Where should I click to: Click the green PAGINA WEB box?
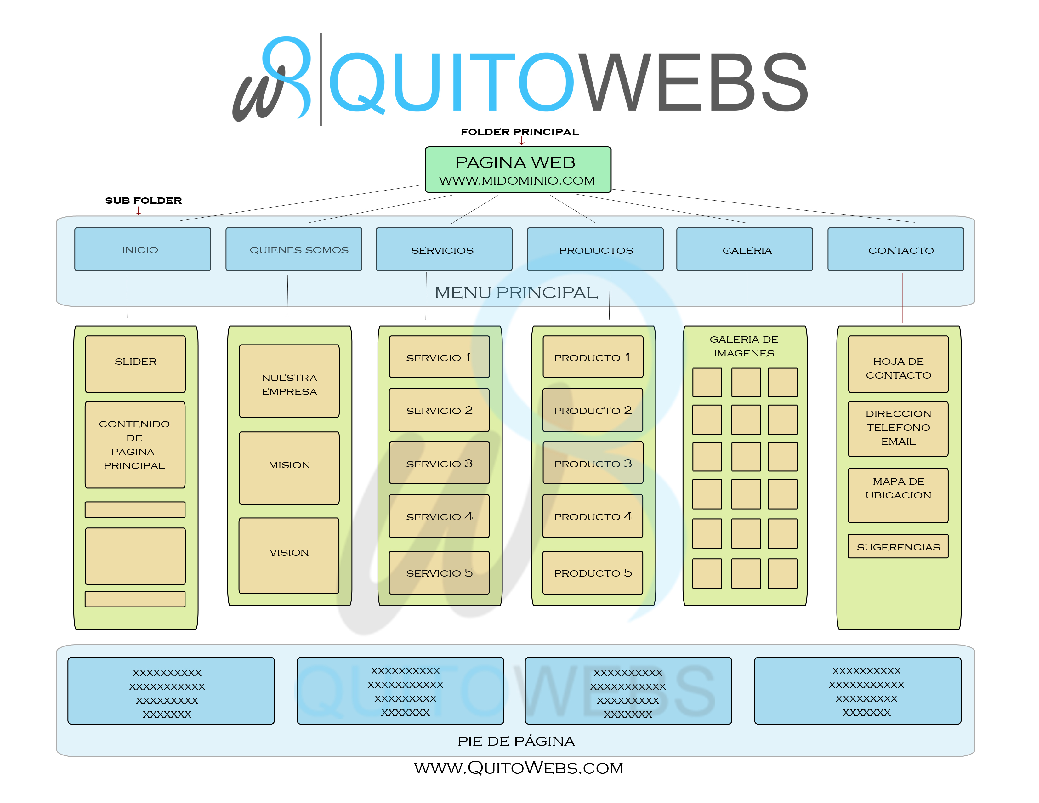click(518, 170)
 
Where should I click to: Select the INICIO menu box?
click(142, 249)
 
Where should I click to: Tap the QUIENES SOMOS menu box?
click(293, 249)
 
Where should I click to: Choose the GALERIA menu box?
click(745, 249)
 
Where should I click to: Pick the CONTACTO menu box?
click(895, 249)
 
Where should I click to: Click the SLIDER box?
click(135, 364)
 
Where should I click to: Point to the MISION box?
click(289, 468)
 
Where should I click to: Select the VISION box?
click(289, 555)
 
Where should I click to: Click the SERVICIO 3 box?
click(439, 463)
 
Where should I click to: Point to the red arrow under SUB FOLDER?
click(139, 211)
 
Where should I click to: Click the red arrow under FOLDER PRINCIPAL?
click(521, 141)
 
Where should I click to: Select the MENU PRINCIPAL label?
click(516, 293)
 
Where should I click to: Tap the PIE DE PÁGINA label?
click(516, 741)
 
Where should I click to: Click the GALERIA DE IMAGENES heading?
click(744, 346)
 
